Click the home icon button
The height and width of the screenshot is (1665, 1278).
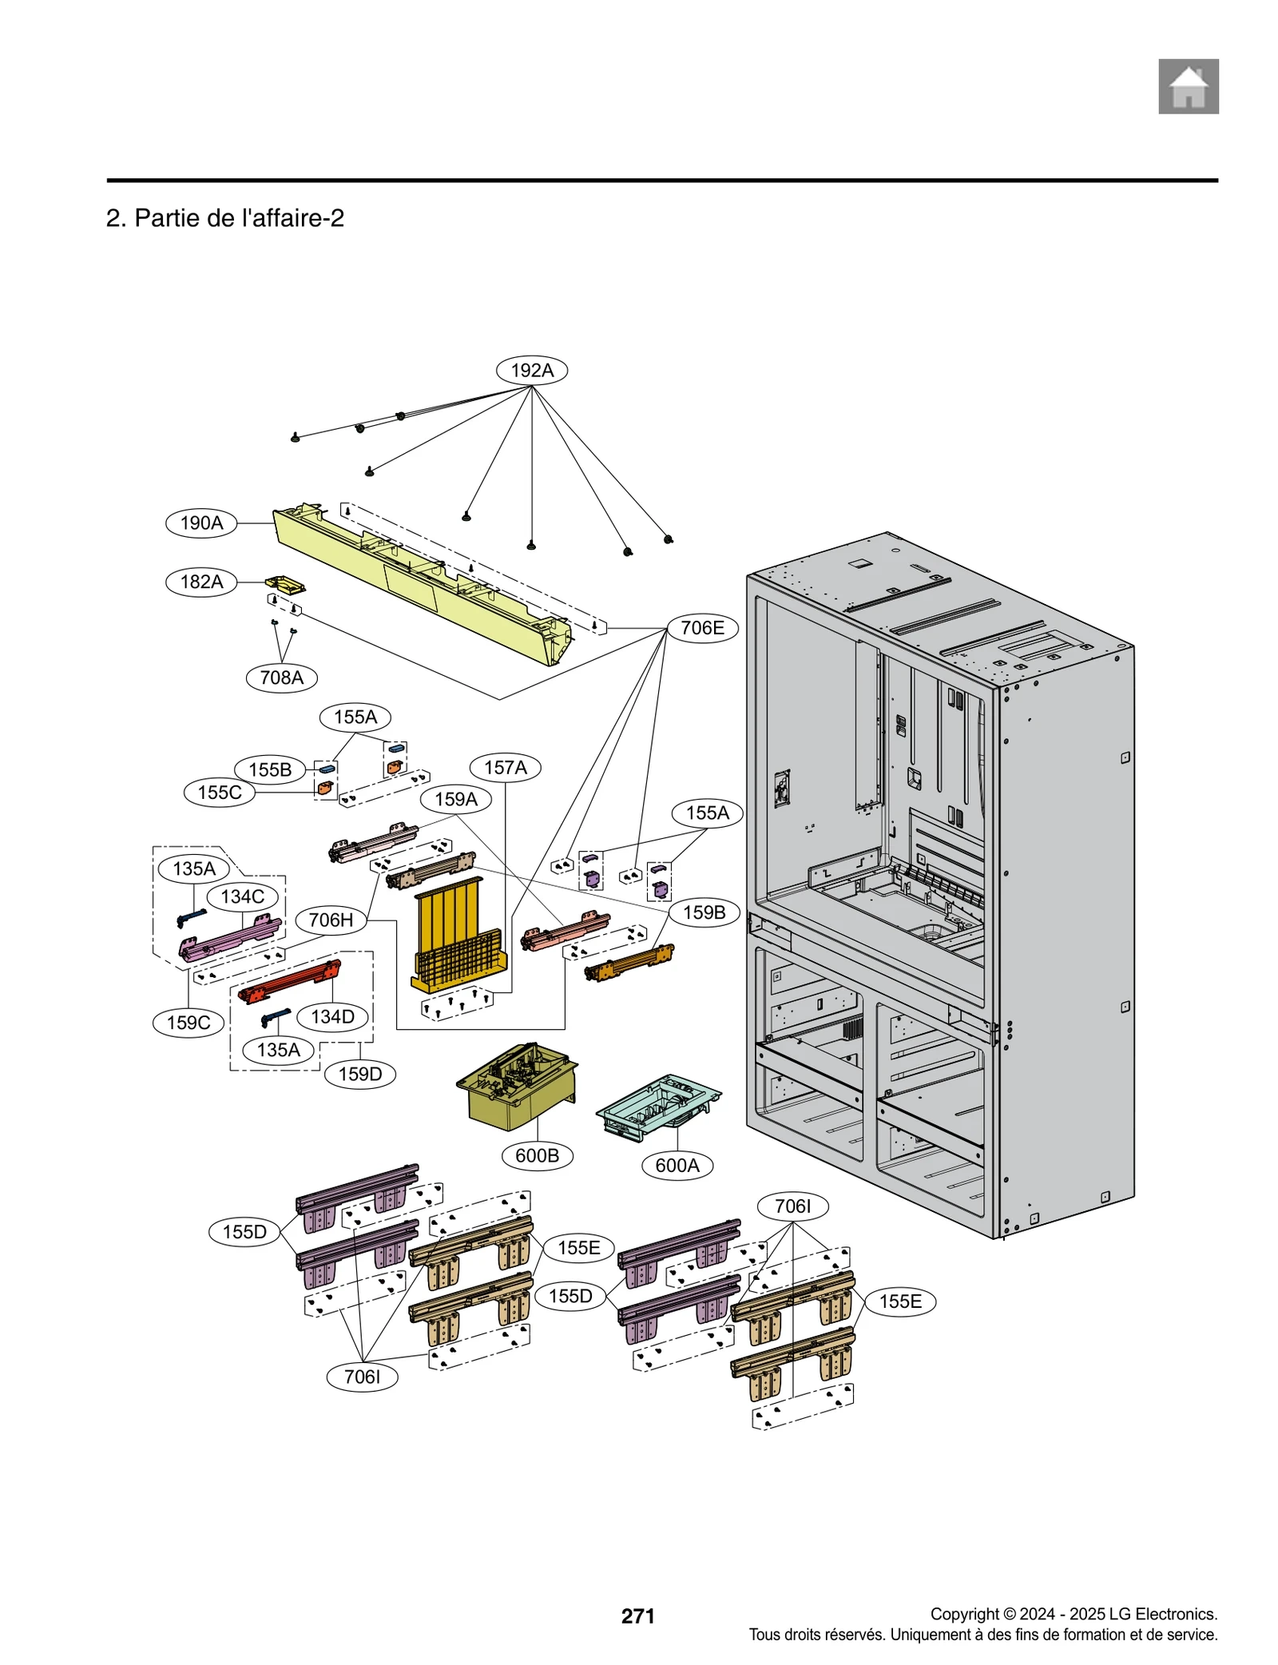point(1188,86)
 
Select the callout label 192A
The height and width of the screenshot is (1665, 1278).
point(531,370)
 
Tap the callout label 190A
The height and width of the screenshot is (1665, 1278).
point(201,523)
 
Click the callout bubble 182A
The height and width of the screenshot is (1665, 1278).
point(201,582)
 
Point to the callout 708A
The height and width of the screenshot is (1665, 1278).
point(281,678)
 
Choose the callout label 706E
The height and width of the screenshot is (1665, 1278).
point(702,628)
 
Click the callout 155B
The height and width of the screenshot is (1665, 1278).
point(270,769)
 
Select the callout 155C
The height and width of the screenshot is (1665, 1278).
point(220,793)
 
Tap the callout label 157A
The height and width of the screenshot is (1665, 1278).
point(505,768)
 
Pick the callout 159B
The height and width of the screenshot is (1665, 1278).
point(704,912)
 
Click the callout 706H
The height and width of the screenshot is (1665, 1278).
point(331,920)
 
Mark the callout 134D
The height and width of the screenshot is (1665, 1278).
point(332,1016)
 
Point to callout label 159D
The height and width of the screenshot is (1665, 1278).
point(359,1074)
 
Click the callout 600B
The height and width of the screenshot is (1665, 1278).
point(537,1155)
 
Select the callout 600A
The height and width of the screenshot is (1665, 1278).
point(677,1165)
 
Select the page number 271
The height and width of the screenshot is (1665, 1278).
point(637,1615)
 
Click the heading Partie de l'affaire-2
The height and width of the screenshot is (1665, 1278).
point(225,218)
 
